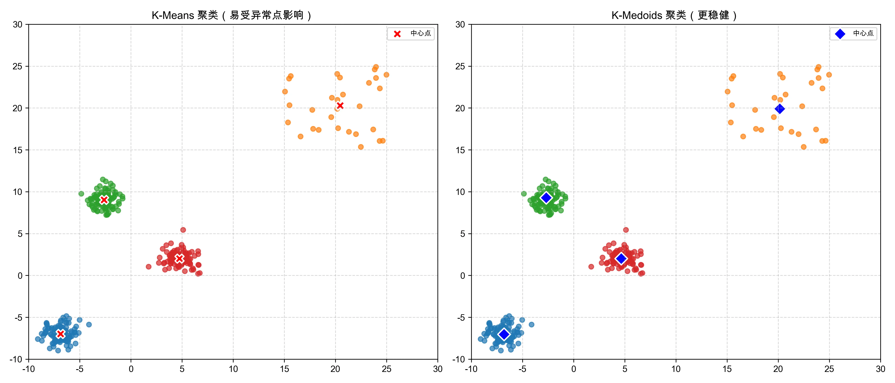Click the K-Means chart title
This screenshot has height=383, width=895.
[232, 15]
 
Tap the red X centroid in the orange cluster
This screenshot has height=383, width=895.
[340, 106]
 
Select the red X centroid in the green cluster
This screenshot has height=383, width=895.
[104, 200]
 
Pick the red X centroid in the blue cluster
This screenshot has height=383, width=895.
[61, 334]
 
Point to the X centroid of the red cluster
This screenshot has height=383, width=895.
[179, 259]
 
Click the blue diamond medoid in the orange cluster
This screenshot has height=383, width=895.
[780, 109]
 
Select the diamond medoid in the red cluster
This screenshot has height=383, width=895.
[621, 259]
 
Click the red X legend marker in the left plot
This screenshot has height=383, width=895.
[397, 34]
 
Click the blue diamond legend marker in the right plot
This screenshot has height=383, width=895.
[840, 34]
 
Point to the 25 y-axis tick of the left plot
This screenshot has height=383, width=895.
[17, 66]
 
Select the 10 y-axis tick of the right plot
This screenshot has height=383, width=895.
[460, 192]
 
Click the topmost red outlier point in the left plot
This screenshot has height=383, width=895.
[183, 230]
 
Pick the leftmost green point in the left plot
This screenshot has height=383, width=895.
[81, 194]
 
